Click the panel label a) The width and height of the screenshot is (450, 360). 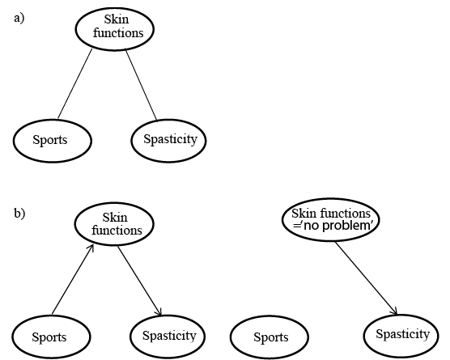point(19,19)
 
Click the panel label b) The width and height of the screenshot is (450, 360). point(19,214)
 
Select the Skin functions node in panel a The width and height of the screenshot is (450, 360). point(115,29)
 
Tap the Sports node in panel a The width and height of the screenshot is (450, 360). point(53,141)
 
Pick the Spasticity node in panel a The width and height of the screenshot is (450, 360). point(168,140)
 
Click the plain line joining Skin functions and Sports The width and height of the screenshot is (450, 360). point(75,83)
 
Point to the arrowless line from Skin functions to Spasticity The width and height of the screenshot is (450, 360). point(141,85)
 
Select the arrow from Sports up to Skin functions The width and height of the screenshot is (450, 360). point(73,279)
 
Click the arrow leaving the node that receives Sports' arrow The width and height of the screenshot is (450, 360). point(140,281)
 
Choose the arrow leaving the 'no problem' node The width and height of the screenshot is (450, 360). point(366,278)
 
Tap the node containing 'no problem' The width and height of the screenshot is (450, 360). point(331,220)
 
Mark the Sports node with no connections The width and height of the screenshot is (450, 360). point(270,337)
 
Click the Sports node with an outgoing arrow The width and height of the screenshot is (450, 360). point(51,337)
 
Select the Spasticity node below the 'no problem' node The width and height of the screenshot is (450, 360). point(401,336)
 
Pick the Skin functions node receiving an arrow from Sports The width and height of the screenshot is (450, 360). point(114,224)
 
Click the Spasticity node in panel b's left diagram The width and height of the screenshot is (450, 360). point(168,337)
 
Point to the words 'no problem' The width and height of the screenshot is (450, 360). point(337,226)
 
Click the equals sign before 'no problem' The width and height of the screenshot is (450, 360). point(296,226)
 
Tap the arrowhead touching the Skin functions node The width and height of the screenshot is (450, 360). point(91,248)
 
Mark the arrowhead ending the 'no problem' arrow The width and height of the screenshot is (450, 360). point(395,311)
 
